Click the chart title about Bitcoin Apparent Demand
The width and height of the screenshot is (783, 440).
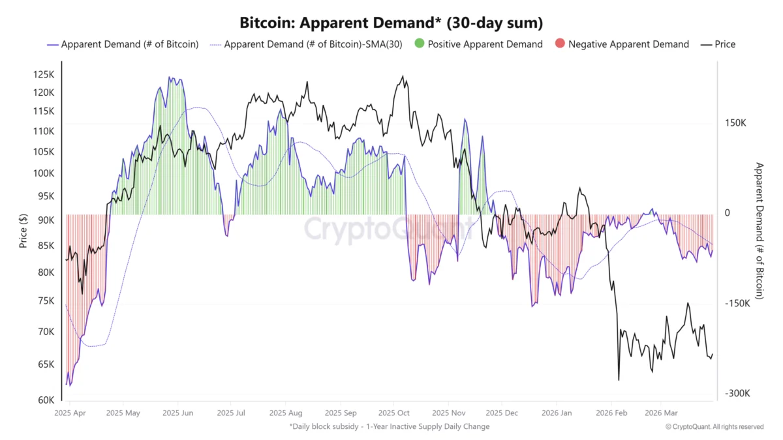[x=391, y=23]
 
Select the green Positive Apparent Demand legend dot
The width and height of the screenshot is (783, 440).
[x=420, y=44]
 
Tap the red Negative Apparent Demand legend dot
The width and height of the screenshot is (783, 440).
[x=560, y=44]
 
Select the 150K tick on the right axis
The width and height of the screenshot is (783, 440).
[x=735, y=123]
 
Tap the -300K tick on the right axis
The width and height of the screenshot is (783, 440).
[x=737, y=393]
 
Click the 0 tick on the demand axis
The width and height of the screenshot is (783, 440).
[x=728, y=213]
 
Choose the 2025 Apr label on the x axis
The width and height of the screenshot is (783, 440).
[x=70, y=413]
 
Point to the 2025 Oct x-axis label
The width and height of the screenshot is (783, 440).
[x=393, y=413]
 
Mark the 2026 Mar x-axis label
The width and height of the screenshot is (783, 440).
[x=662, y=413]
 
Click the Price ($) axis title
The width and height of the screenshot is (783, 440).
[x=23, y=229]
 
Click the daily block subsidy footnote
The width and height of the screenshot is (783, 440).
[x=390, y=426]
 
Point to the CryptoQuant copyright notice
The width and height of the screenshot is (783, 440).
[x=714, y=426]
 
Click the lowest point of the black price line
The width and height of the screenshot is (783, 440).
[x=619, y=380]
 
